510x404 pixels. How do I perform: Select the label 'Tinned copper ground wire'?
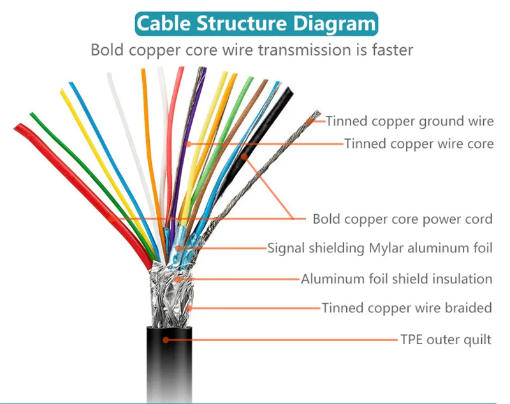pos(410,120)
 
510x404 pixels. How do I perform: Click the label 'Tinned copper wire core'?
pos(419,144)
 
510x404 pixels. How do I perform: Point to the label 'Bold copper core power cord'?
pos(402,219)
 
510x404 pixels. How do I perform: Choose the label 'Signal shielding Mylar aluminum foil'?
pos(380,248)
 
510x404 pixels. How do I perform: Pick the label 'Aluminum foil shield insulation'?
pos(397,278)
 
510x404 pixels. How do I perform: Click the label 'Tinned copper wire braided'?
pos(407,308)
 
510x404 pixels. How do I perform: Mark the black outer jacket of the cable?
pos(172,370)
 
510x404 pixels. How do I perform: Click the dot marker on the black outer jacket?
pos(166,340)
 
